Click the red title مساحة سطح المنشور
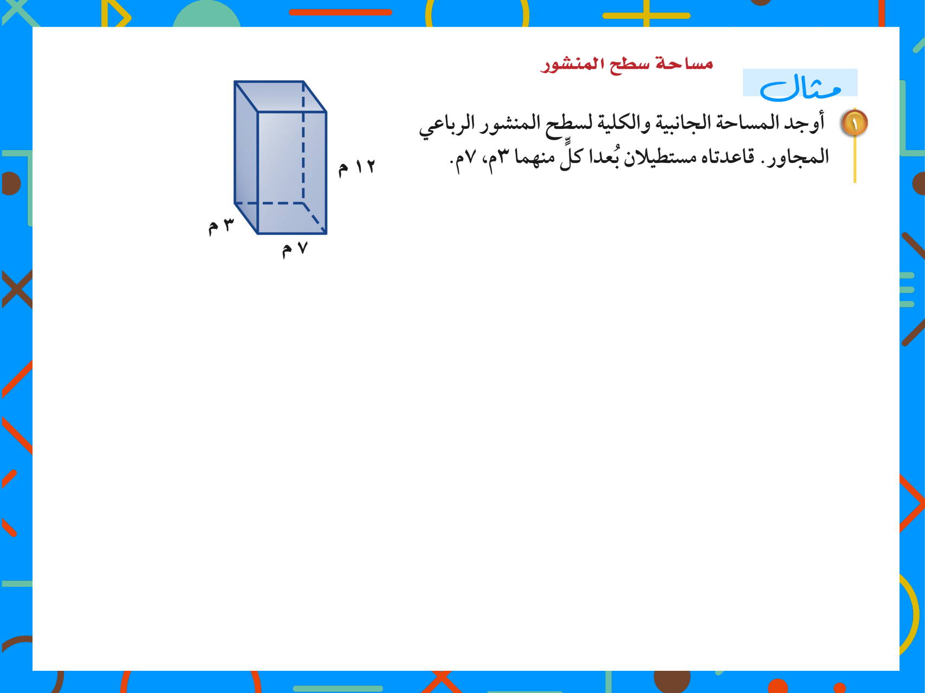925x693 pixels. [x=626, y=64]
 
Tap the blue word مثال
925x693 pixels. [x=800, y=87]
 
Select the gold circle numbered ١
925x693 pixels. [x=855, y=123]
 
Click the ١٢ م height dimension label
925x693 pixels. [x=357, y=167]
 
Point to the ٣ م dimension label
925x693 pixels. [x=222, y=225]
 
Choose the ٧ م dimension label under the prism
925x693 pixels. [x=295, y=249]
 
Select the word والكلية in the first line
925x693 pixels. [x=624, y=123]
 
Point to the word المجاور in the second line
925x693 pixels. [x=798, y=158]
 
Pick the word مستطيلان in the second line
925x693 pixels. [x=661, y=158]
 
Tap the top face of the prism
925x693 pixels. [x=280, y=96]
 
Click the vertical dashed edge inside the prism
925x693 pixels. [x=303, y=142]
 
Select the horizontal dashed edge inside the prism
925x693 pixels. [x=269, y=204]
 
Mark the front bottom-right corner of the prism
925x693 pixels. [x=326, y=233]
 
